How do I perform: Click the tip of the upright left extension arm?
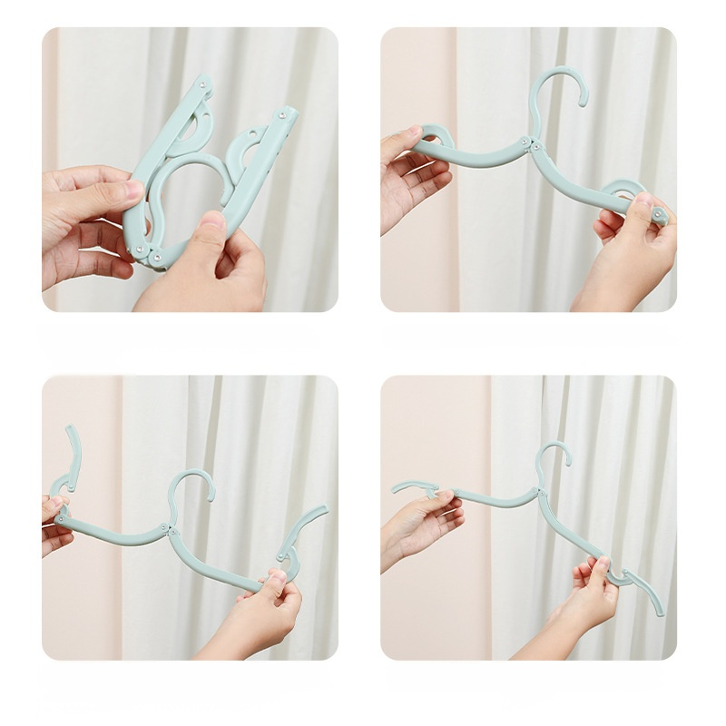[69, 429]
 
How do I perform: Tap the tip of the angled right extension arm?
[323, 510]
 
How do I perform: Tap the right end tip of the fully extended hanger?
[660, 613]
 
